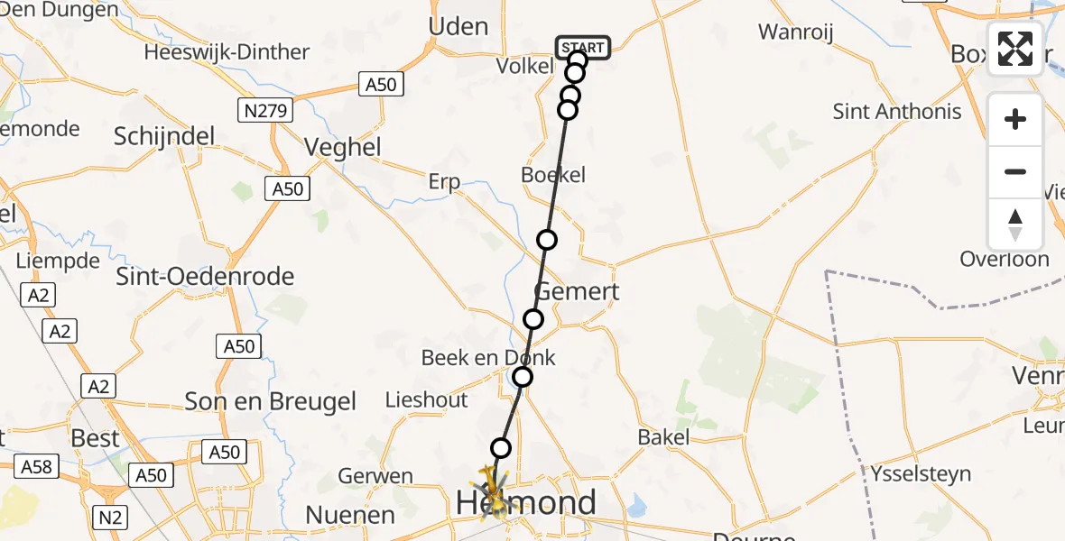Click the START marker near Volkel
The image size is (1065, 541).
coord(583,47)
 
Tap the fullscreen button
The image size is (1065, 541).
coord(1015,49)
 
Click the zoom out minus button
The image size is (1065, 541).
coord(1015,171)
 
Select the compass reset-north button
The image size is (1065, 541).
coord(1015,225)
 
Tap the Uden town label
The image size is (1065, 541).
coord(458,27)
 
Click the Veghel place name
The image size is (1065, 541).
coord(343,147)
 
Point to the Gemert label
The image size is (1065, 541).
coord(578,291)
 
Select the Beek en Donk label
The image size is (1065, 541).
coord(488,358)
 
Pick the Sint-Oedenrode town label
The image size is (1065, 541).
coord(205,277)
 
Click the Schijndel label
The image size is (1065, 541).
coord(164,136)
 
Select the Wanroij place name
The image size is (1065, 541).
coord(795,32)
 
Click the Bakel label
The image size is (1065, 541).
coord(663,437)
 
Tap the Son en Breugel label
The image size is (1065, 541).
coord(271,401)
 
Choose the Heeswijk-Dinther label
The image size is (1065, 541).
coord(227,52)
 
